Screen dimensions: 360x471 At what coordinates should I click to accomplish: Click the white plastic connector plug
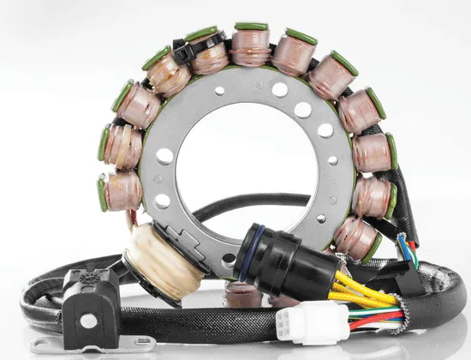pyautogui.click(x=312, y=323)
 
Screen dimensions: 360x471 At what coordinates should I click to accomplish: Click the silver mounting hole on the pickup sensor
pyautogui.click(x=89, y=321)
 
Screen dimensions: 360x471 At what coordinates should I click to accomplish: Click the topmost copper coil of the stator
pyautogui.click(x=250, y=48)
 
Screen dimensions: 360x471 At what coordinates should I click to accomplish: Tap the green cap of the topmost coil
pyautogui.click(x=251, y=27)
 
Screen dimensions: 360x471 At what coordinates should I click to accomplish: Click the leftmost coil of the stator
pyautogui.click(x=121, y=189)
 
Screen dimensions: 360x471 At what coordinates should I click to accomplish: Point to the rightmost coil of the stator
pyautogui.click(x=373, y=153)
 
